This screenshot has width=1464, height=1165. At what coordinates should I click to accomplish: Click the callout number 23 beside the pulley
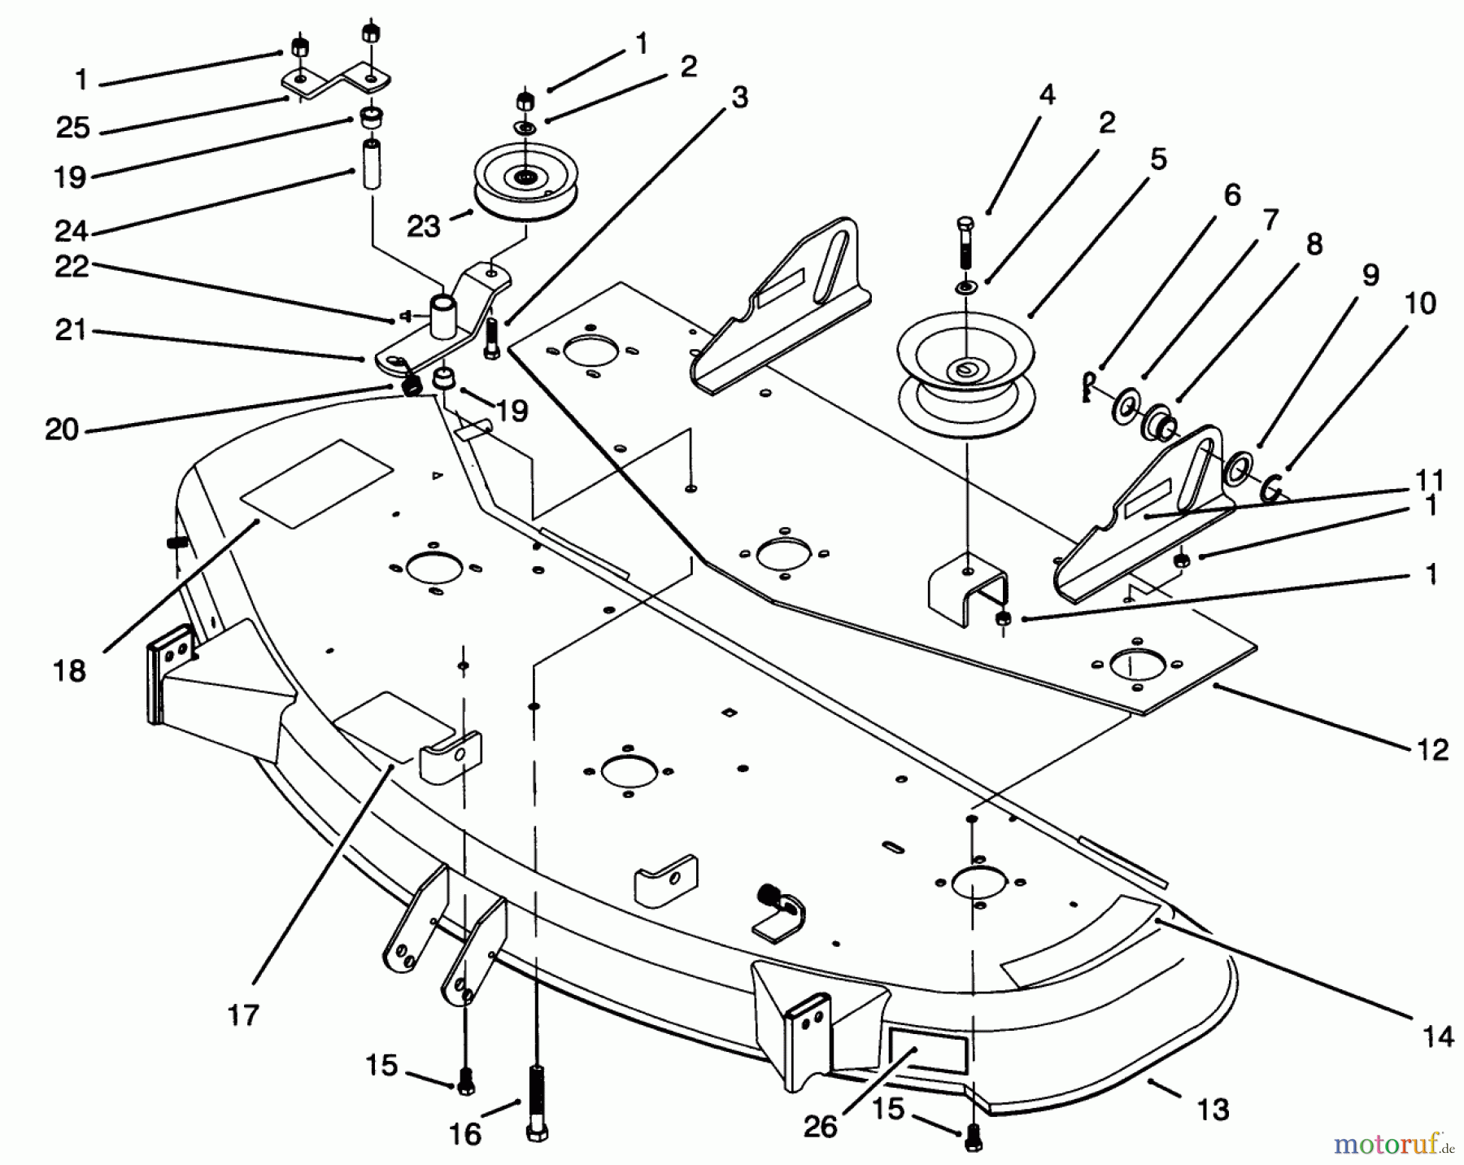pos(423,226)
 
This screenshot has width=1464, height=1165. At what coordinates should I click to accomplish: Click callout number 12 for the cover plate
pos(1431,749)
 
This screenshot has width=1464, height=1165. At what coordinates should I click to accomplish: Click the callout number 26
pos(820,1126)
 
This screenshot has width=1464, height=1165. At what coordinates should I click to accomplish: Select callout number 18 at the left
pos(70,671)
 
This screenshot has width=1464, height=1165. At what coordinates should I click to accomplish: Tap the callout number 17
pos(243,1014)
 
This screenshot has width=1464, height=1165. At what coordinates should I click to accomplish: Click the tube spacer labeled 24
pos(372,165)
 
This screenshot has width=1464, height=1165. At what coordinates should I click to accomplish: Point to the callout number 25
pos(72,128)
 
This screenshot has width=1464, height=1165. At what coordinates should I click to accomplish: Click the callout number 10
pos(1420,303)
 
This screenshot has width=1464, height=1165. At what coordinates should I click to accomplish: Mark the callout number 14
pos(1438,1036)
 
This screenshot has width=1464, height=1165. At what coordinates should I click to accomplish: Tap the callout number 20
pos(62,430)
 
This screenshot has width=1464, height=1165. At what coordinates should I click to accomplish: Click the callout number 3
pos(739,97)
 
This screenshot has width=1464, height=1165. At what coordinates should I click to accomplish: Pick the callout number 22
pos(72,266)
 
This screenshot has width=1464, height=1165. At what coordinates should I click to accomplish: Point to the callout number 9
pos(1370,275)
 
